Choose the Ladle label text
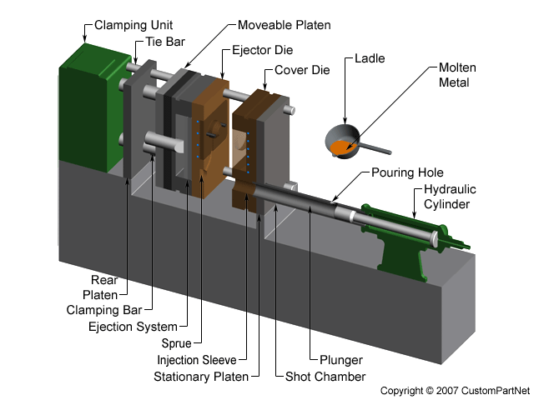[370, 58]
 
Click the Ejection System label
[133, 327]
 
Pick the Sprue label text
[179, 343]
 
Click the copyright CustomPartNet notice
[456, 390]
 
